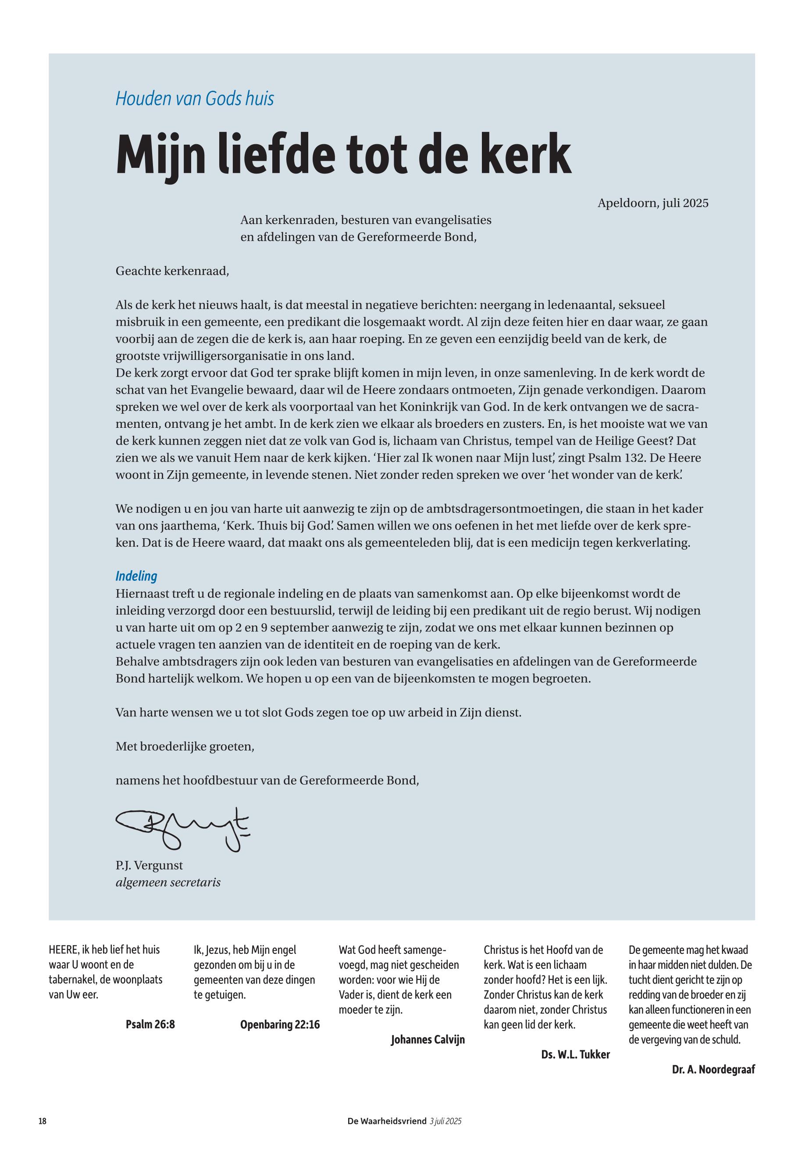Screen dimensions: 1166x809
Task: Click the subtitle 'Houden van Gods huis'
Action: [x=195, y=98]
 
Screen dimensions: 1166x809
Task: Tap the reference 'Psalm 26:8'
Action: [x=150, y=1024]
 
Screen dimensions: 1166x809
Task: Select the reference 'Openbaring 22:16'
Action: [x=280, y=1024]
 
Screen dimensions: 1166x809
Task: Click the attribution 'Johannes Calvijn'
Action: [x=428, y=1040]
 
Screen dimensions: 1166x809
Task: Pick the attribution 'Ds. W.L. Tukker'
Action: [x=575, y=1055]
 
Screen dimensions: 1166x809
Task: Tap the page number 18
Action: [x=43, y=1121]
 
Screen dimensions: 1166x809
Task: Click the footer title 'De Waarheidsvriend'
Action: [x=387, y=1121]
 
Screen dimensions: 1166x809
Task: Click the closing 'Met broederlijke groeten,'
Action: [x=185, y=747]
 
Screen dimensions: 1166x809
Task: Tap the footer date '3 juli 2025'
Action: [x=445, y=1121]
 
